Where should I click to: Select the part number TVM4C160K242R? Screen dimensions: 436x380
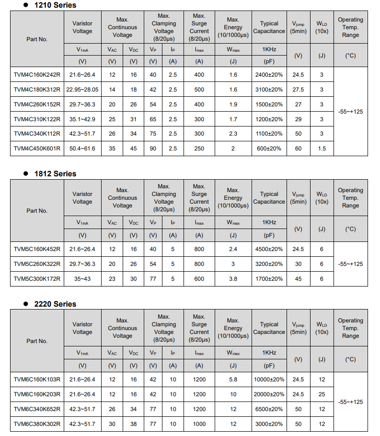click(x=37, y=75)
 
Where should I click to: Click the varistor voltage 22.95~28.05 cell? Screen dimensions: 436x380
click(x=82, y=90)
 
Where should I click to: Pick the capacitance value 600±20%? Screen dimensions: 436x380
click(x=269, y=149)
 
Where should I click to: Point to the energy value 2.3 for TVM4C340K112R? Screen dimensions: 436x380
click(x=233, y=134)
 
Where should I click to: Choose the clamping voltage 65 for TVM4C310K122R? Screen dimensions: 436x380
click(x=153, y=119)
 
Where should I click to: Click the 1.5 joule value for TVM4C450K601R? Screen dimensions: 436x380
click(x=322, y=149)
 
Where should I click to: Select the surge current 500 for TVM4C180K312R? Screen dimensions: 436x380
click(x=199, y=90)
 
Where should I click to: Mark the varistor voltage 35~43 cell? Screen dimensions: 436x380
click(x=82, y=279)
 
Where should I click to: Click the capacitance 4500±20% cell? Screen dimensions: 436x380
click(x=269, y=249)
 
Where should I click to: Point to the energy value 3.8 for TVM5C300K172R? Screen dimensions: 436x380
click(x=233, y=279)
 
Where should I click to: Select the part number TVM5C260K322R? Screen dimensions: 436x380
click(x=37, y=264)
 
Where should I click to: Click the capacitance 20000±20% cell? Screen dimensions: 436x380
click(x=269, y=394)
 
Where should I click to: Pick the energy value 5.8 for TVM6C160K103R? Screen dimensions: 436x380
click(x=233, y=379)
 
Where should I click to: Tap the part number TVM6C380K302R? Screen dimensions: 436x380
click(x=37, y=424)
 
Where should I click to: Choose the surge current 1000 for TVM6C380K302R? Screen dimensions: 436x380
click(x=199, y=424)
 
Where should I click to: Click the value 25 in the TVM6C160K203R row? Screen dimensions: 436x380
click(x=322, y=394)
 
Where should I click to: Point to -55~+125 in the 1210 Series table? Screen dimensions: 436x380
click(x=350, y=112)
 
